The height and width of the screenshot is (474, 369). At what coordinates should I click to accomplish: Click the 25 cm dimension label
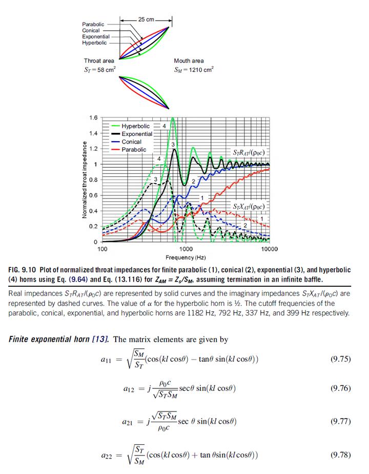point(146,19)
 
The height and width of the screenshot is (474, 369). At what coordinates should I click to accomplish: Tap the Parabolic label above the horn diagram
point(93,24)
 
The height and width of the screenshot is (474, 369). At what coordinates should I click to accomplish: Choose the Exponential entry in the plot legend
point(137,134)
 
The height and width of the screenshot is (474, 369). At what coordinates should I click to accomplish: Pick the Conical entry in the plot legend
point(131,142)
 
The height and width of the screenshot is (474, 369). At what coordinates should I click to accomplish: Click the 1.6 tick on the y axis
point(93,117)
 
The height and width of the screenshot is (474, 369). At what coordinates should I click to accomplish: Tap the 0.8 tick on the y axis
point(93,180)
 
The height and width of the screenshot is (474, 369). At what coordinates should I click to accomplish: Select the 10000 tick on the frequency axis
point(269,249)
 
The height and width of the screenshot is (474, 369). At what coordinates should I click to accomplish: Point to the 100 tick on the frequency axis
point(102,249)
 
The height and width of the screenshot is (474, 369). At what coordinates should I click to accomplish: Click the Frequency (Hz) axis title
point(186,256)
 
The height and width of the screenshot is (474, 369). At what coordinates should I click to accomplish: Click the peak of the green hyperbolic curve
point(173,118)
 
